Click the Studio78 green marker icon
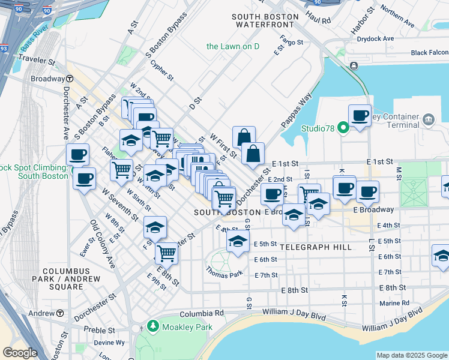pos(343,127)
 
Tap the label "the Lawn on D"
pos(232,46)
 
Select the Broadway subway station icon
pos(70,79)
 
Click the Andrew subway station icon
pos(60,313)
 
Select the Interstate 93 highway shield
pos(4,49)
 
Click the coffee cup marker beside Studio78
pos(360,116)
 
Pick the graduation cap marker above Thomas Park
pos(238,242)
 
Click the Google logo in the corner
pos(19,353)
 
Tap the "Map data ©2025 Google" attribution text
pos(411,355)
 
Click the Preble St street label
pos(99,330)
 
